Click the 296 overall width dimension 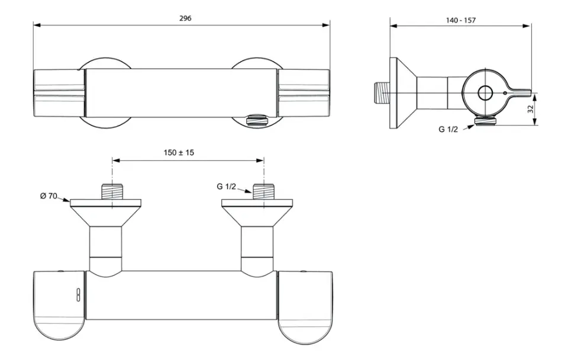185,18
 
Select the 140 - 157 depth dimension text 461,20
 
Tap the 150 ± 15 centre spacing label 179,153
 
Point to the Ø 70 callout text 49,196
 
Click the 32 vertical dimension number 531,109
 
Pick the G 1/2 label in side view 448,130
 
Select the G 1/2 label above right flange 227,187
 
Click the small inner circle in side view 485,93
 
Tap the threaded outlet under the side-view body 485,121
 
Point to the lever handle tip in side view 530,93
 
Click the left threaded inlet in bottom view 112,192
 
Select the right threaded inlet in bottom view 264,192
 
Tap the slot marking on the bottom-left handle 78,295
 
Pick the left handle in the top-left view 59,93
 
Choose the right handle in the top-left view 304,93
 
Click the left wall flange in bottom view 105,213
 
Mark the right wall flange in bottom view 257,213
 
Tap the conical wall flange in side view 402,93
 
